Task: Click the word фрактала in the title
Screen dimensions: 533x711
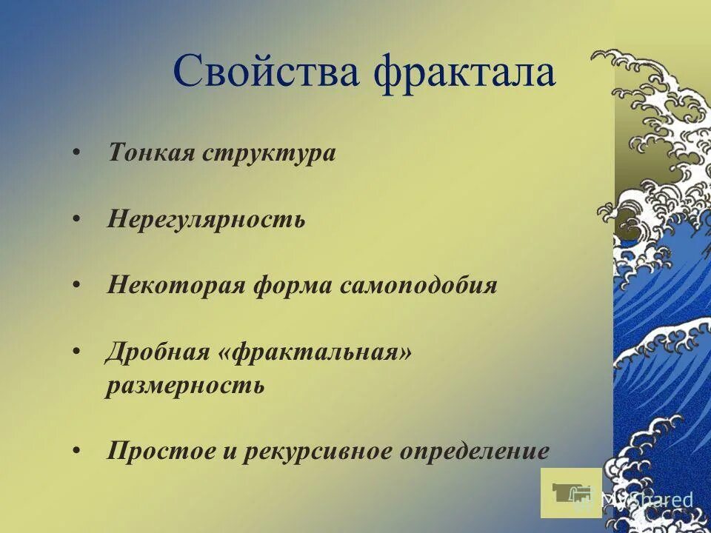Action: [x=464, y=73]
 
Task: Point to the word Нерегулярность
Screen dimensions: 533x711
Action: [x=206, y=219]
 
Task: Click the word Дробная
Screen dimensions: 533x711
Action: [x=158, y=352]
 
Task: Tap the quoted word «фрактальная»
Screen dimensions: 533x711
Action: [x=315, y=352]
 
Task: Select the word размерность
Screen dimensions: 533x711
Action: [x=185, y=386]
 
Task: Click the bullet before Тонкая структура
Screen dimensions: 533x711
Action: [x=78, y=153]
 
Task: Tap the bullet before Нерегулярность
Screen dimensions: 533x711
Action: [x=78, y=219]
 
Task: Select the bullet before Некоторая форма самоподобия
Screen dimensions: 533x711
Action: [x=78, y=285]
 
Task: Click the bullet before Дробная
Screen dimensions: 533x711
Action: [x=78, y=352]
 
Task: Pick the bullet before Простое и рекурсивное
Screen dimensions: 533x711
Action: [x=78, y=451]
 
